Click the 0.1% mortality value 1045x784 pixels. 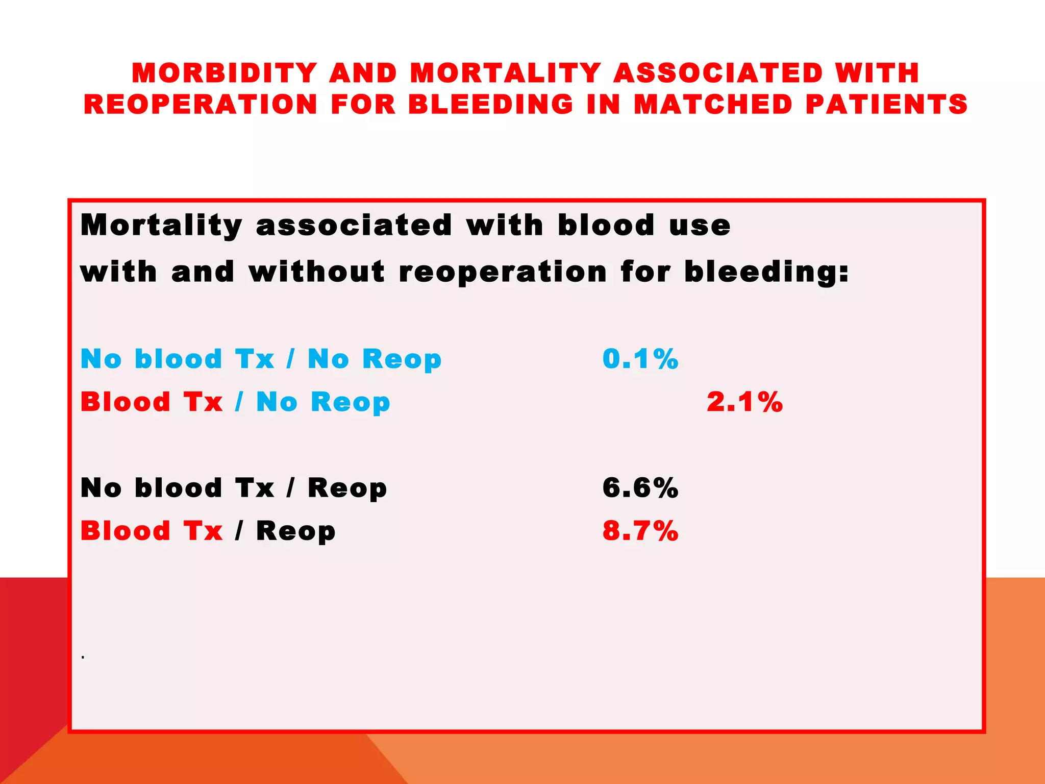coord(640,359)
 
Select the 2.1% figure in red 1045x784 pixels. coord(744,402)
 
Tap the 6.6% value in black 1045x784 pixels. coord(640,488)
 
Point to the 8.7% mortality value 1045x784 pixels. coord(640,531)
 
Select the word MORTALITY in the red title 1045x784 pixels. coord(505,73)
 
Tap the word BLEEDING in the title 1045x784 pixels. coord(491,104)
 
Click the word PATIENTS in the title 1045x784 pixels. coord(886,104)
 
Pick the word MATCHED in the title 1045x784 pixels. coord(713,104)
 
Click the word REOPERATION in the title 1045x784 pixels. coord(201,104)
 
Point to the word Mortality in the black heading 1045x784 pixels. coord(161,225)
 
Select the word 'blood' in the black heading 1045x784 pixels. coord(606,225)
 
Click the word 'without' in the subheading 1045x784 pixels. coord(316,271)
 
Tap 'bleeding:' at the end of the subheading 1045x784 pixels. coord(766,271)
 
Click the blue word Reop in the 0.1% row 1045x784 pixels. coord(402,359)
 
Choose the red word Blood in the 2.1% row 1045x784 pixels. coord(126,402)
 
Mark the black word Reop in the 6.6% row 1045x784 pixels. coord(347,488)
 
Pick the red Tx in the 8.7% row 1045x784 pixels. coord(203,531)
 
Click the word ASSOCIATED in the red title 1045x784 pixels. coord(718,73)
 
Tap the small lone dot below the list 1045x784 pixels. coord(83,657)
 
